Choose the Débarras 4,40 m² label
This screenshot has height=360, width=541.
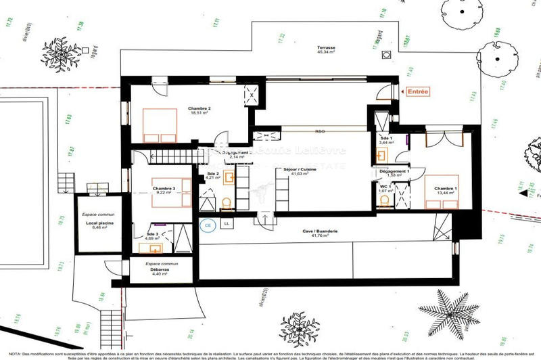click(x=160, y=271)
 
